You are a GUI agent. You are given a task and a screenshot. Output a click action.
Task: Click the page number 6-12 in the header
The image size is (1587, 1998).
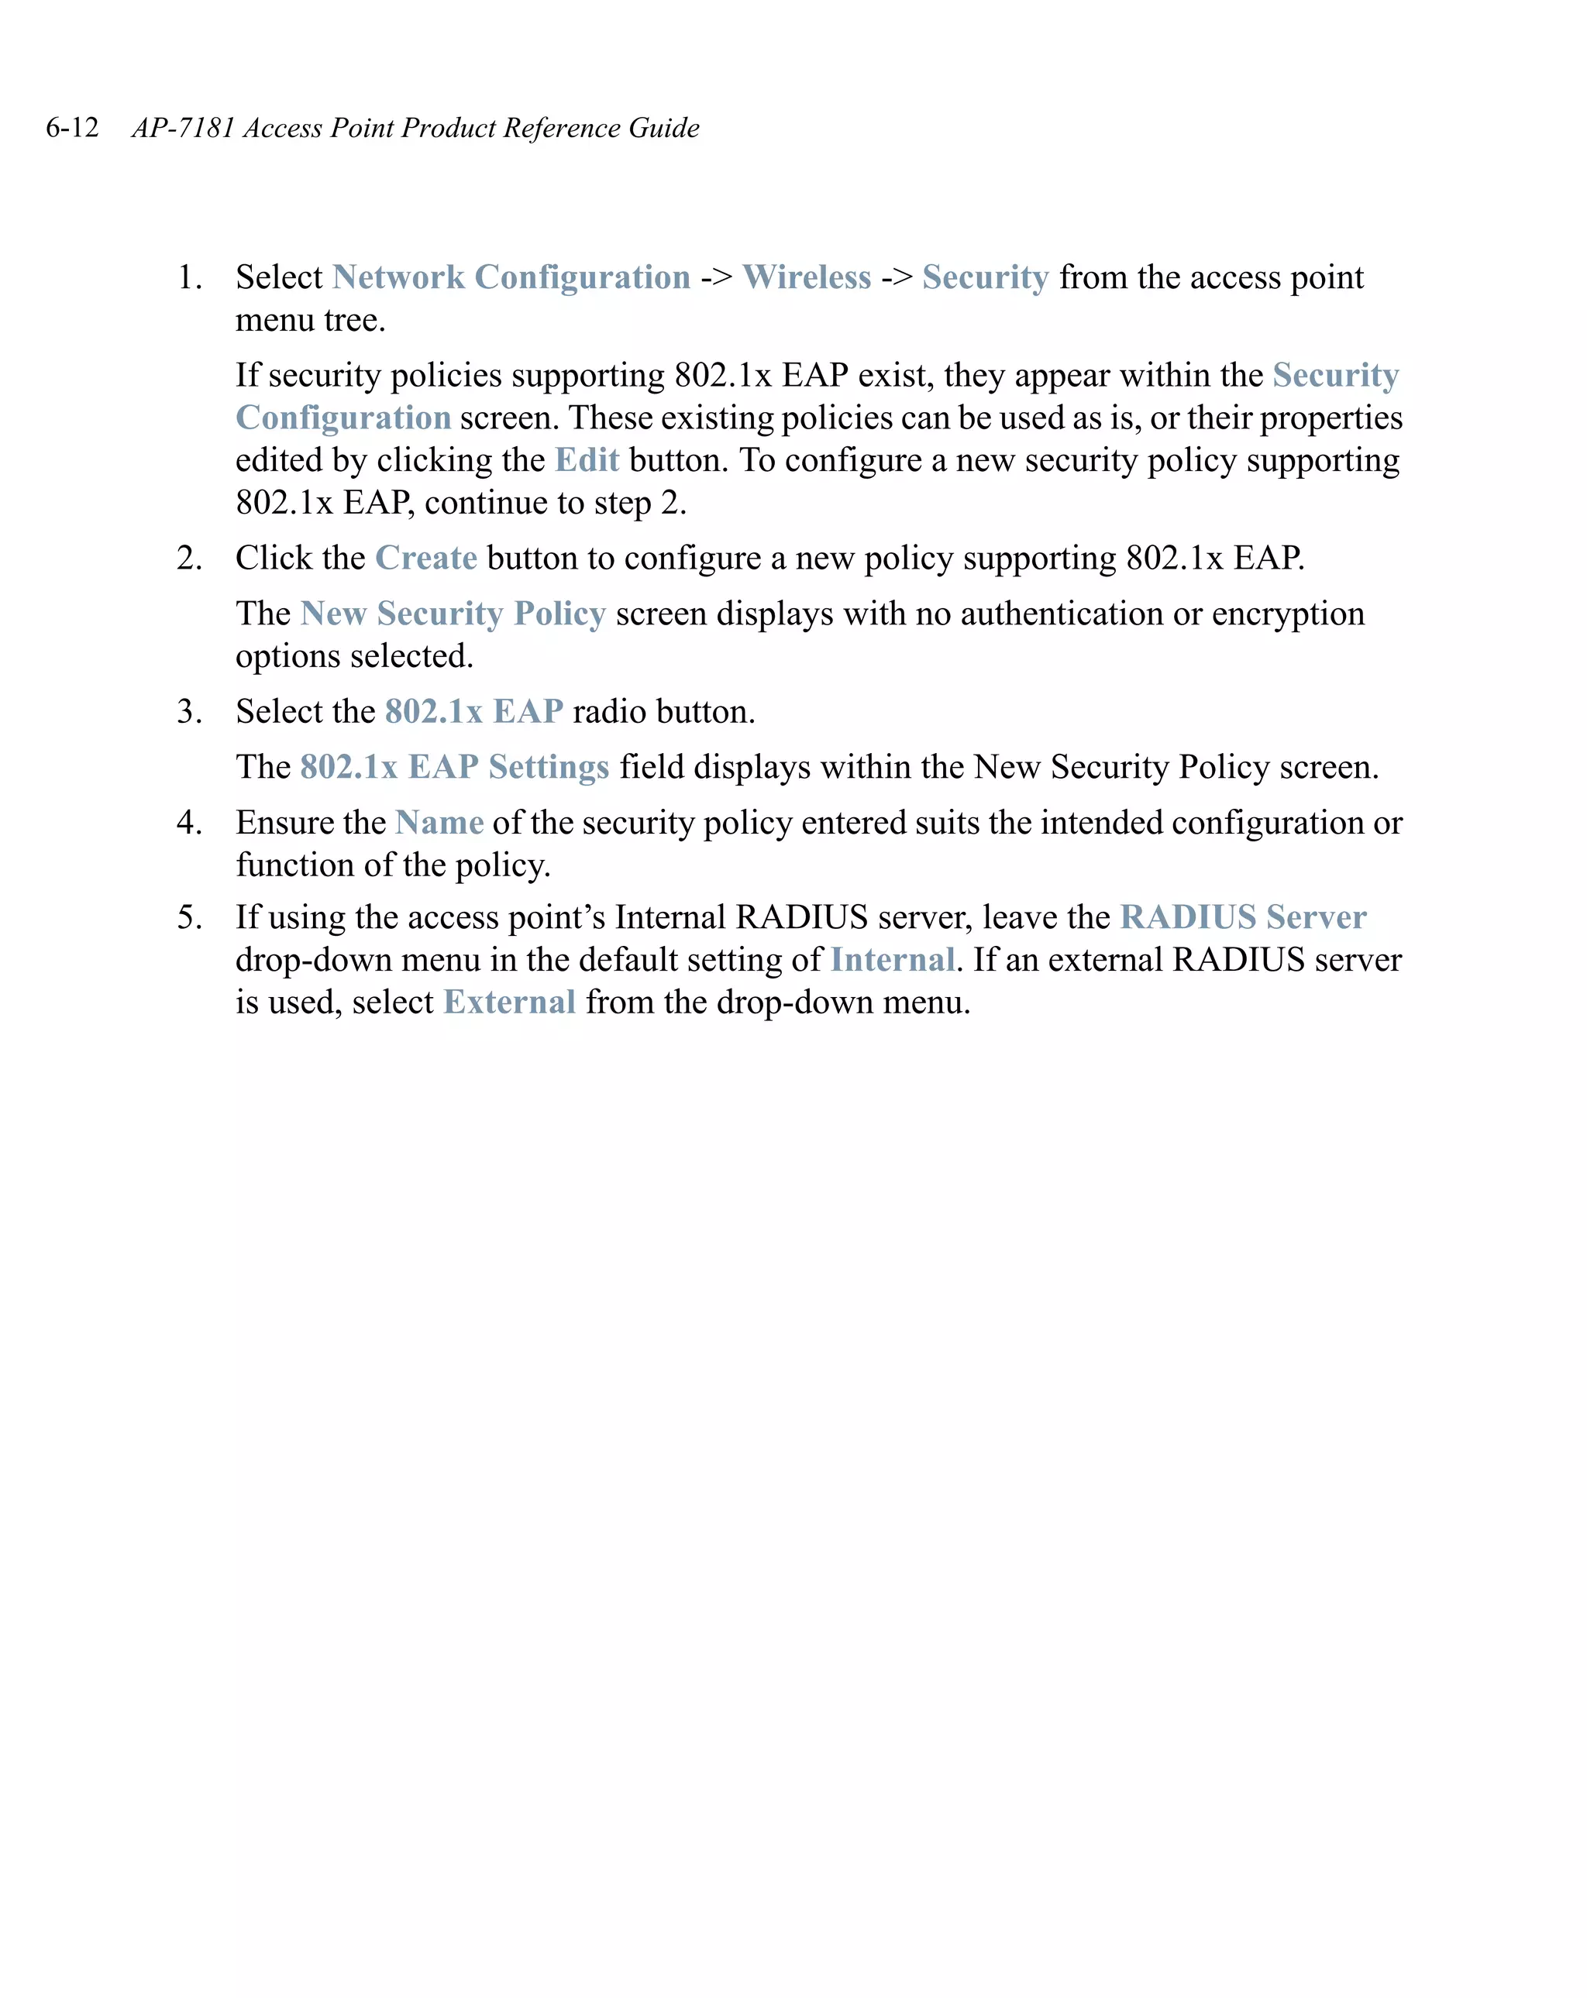[72, 128]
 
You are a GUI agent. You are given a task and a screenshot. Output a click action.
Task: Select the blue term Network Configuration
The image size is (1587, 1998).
[511, 277]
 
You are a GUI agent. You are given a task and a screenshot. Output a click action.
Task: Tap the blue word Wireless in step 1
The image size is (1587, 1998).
[806, 277]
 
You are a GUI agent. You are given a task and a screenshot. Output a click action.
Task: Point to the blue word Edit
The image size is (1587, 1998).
[586, 459]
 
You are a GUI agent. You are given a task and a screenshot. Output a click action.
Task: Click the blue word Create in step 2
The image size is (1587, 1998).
[425, 558]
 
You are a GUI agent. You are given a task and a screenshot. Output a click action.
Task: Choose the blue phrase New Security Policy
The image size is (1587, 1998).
[453, 614]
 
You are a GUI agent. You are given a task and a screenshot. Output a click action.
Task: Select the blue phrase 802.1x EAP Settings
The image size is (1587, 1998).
[454, 767]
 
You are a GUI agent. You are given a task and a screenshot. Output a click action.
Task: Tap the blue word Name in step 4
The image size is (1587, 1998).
[439, 823]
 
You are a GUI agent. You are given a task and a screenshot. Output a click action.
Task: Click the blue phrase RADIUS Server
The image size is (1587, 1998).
[1242, 917]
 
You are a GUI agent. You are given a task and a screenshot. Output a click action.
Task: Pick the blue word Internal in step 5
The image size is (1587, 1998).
[892, 960]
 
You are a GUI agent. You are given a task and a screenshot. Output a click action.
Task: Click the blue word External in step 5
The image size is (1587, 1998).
[509, 1002]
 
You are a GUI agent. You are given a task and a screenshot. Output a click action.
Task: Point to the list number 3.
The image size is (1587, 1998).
[188, 712]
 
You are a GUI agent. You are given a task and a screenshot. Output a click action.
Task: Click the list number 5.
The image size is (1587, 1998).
[188, 917]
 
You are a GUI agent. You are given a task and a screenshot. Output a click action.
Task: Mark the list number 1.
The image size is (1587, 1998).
[188, 277]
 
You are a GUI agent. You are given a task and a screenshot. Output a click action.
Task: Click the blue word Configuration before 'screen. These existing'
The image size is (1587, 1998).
[343, 418]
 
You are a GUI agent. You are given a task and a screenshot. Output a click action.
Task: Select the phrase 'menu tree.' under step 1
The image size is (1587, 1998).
[310, 321]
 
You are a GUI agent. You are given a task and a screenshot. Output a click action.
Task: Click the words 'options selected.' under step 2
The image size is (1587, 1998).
[354, 656]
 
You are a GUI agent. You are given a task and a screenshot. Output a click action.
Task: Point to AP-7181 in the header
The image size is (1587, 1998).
[183, 128]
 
